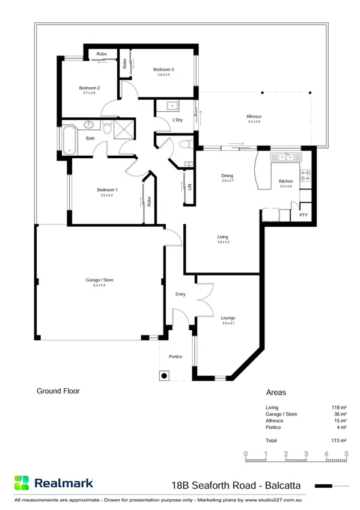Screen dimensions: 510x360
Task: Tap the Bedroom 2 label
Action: (89, 88)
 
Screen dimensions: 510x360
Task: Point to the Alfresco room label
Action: (257, 115)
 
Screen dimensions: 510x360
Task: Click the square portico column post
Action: (164, 375)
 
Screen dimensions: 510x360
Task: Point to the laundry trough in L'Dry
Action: (172, 106)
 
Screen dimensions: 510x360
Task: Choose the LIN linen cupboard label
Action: (189, 187)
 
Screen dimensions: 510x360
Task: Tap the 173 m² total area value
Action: (340, 441)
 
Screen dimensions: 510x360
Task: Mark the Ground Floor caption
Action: (58, 391)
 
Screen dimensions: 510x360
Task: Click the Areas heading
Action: (276, 392)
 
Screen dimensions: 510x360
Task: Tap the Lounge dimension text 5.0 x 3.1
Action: (228, 324)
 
